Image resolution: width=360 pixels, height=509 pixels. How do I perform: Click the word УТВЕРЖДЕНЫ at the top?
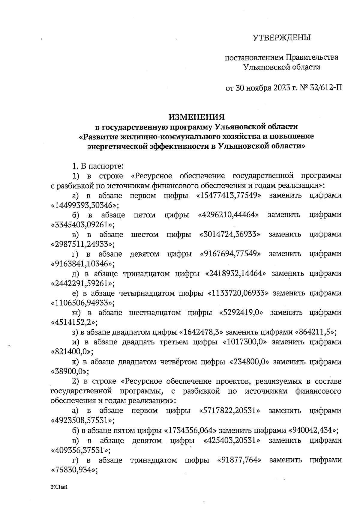[x=282, y=38]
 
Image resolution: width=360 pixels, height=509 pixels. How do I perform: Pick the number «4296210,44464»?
[x=229, y=215]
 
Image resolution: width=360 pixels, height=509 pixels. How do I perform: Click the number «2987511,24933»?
[x=83, y=244]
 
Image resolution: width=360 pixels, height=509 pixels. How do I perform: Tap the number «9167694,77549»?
[x=230, y=254]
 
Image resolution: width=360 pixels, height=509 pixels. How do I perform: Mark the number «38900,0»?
[x=70, y=372]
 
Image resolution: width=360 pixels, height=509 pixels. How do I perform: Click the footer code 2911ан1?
[x=60, y=487]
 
